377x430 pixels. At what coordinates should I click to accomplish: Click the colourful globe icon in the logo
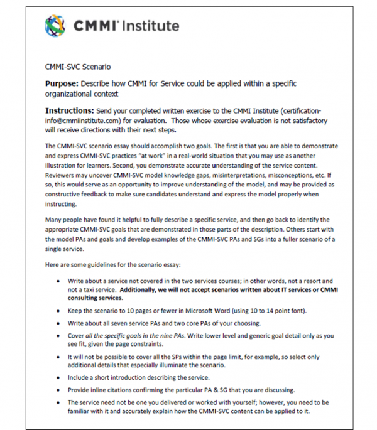(56, 26)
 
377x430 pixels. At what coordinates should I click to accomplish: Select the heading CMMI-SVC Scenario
(78, 66)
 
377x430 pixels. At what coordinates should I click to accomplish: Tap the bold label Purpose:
(65, 83)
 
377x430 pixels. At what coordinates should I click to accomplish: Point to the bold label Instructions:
(72, 110)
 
